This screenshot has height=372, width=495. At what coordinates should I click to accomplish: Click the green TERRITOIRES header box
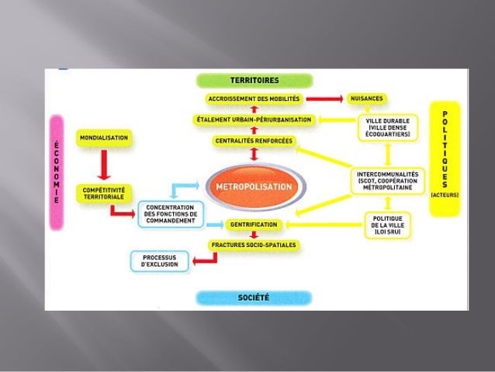[x=254, y=80]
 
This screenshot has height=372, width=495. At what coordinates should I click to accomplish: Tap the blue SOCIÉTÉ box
[x=254, y=297]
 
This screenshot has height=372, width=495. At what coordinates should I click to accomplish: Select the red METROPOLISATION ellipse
[x=254, y=187]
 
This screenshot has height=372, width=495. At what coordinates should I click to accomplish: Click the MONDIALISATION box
[x=103, y=137]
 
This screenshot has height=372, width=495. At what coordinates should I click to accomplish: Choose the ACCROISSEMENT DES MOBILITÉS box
[x=253, y=99]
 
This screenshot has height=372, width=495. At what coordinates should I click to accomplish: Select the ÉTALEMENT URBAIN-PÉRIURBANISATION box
[x=253, y=120]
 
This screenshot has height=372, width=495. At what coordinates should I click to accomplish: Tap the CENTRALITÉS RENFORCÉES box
[x=253, y=141]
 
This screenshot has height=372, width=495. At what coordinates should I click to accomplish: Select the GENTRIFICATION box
[x=254, y=224]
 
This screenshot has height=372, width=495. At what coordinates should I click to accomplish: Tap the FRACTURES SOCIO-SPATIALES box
[x=254, y=245]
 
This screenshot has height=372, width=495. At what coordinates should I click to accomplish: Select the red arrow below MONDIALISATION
[x=103, y=165]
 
